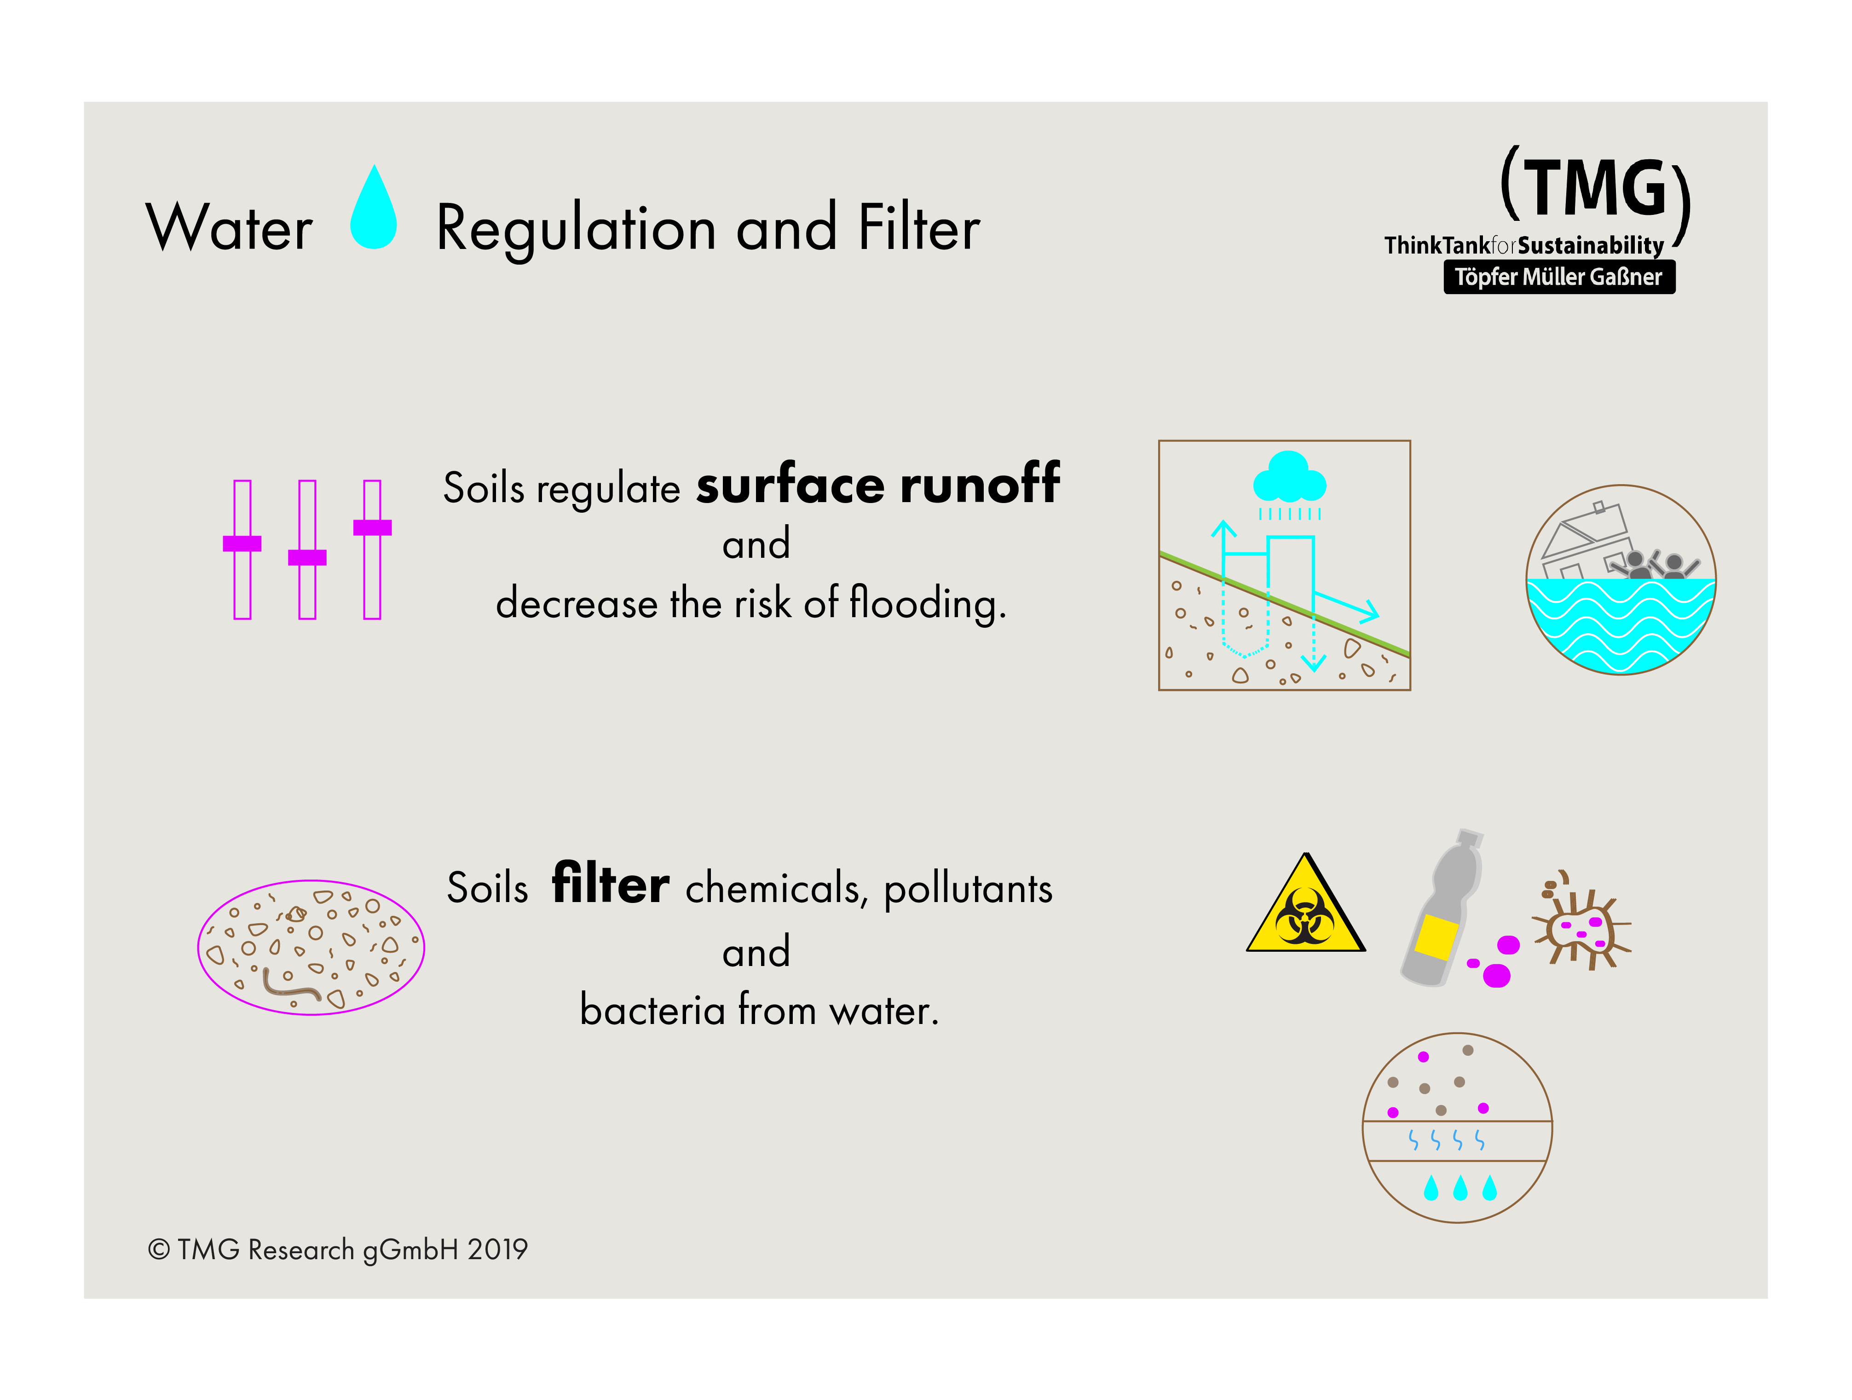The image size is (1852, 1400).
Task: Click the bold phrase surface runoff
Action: tap(877, 486)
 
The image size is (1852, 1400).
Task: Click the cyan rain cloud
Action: tap(1289, 479)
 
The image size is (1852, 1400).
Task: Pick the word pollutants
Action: tap(968, 889)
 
